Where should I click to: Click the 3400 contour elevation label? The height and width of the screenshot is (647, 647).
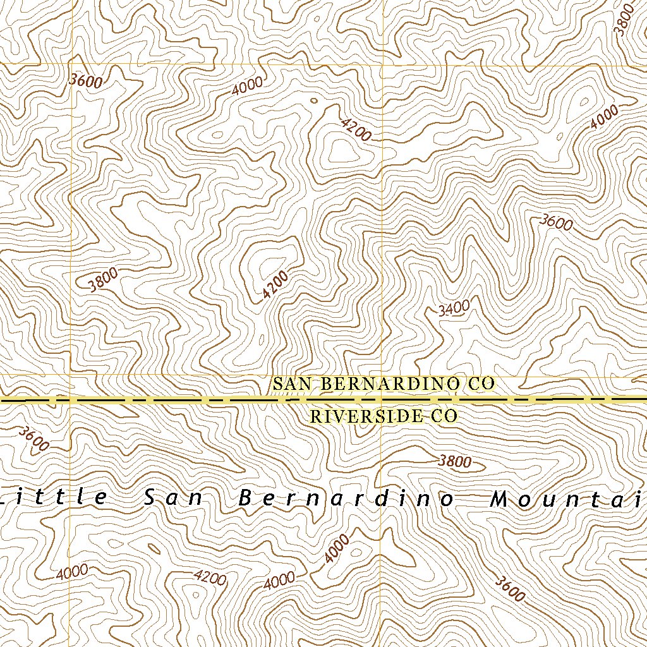tap(454, 308)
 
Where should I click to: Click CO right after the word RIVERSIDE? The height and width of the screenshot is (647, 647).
tap(444, 416)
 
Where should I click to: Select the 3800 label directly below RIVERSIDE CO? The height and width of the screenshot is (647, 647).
tap(455, 461)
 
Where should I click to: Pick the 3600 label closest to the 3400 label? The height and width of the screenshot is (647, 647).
tap(557, 222)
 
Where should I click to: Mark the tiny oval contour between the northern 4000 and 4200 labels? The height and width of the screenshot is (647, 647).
tap(314, 100)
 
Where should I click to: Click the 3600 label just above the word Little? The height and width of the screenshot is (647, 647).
tap(33, 438)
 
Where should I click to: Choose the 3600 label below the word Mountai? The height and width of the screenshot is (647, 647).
tap(509, 589)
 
